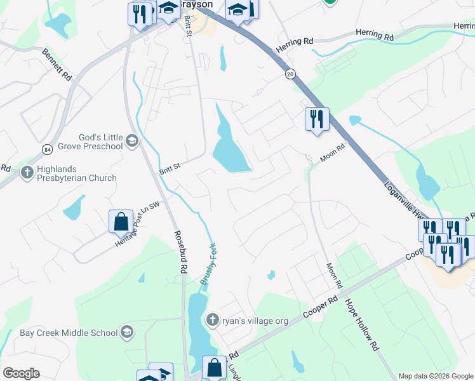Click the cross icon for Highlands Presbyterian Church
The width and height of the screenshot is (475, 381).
(x=27, y=172)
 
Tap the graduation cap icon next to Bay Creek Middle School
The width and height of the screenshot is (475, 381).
(x=127, y=332)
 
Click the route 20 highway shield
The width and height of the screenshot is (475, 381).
(x=290, y=74)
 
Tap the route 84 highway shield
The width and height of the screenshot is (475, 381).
(x=48, y=149)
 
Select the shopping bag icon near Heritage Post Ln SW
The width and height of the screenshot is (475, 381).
(x=121, y=222)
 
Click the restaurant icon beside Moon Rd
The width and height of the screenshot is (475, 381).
(x=316, y=119)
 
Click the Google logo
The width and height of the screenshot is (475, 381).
(x=22, y=373)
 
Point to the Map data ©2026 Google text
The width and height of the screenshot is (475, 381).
(x=436, y=375)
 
